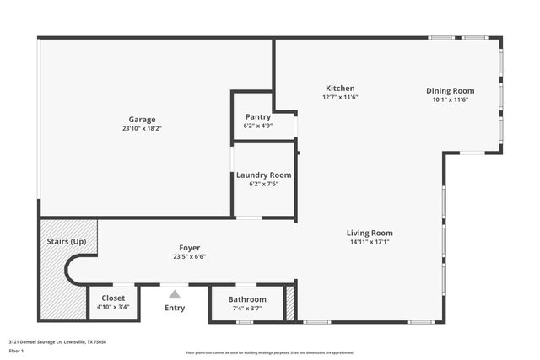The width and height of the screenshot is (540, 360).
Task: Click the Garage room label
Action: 142,120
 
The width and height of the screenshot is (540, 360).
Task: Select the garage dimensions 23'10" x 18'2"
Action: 142,129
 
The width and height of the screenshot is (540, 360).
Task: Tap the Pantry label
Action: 257,116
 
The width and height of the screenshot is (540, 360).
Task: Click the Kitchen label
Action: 340,88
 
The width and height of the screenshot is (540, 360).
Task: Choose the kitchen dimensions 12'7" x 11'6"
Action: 340,97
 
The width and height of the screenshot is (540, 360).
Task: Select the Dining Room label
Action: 450,90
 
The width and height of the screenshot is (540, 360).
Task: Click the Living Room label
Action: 370,233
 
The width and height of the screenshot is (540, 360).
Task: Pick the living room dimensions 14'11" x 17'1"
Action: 370,242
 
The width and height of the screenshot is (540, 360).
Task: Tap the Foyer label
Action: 189,248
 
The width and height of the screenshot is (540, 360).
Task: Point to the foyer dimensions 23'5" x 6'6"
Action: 189,257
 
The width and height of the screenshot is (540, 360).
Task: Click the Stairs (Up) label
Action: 66,241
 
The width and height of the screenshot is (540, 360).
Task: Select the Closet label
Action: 113,298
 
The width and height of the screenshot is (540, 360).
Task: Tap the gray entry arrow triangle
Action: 175,294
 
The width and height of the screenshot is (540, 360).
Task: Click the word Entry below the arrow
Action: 175,308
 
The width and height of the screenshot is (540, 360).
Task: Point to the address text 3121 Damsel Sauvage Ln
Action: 57,341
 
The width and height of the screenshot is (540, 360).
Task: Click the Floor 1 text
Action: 17,350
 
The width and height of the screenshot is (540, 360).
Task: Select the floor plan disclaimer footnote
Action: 270,352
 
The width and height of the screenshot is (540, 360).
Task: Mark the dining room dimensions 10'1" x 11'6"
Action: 450,99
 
